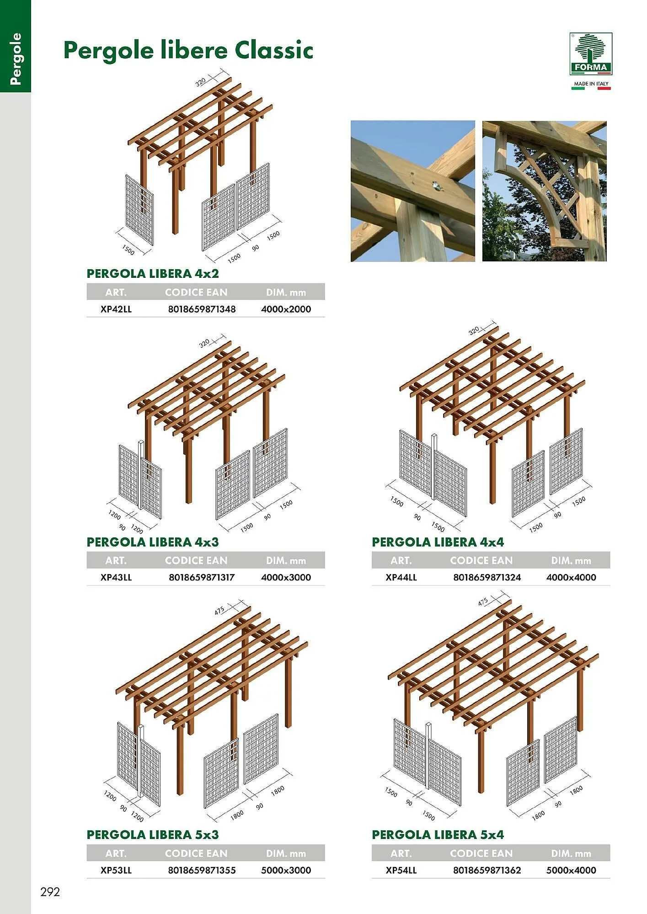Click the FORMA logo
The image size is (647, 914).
tap(591, 54)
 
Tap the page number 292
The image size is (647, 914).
tap(50, 892)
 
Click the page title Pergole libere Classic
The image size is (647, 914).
tap(188, 51)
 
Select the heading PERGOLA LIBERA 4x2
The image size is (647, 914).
tap(153, 274)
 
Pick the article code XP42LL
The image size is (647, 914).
tap(116, 309)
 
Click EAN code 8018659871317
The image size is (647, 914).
tap(202, 577)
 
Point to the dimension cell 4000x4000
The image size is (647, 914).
tap(571, 577)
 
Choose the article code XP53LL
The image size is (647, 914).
tap(116, 870)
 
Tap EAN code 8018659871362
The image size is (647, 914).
tap(487, 870)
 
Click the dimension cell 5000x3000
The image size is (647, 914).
tap(286, 870)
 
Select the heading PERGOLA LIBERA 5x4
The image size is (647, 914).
tap(438, 835)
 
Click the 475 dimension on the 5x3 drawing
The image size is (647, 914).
tap(220, 611)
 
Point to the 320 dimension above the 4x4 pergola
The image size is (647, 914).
tap(474, 330)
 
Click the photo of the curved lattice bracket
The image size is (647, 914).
tap(544, 191)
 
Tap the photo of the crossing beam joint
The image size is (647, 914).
tap(413, 191)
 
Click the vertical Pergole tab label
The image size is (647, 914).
tap(16, 59)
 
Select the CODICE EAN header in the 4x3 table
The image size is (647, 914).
tap(196, 560)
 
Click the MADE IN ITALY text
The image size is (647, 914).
tap(591, 84)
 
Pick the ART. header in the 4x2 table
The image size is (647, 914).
tap(116, 292)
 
